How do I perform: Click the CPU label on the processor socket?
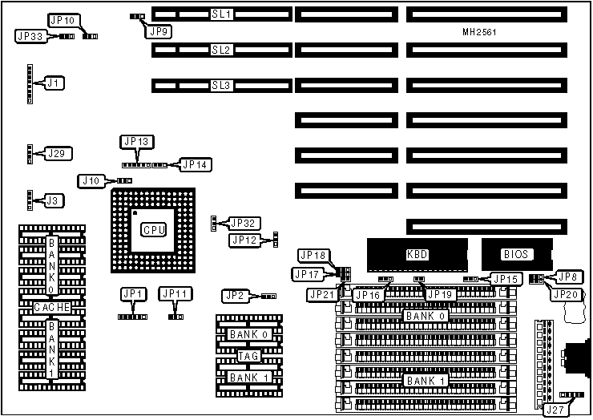click(x=153, y=230)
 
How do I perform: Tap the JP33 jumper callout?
click(x=30, y=36)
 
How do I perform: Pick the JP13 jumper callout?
click(x=136, y=142)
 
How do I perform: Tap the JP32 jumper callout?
click(x=244, y=223)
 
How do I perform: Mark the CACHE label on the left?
click(x=52, y=307)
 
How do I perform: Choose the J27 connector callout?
click(x=555, y=410)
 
